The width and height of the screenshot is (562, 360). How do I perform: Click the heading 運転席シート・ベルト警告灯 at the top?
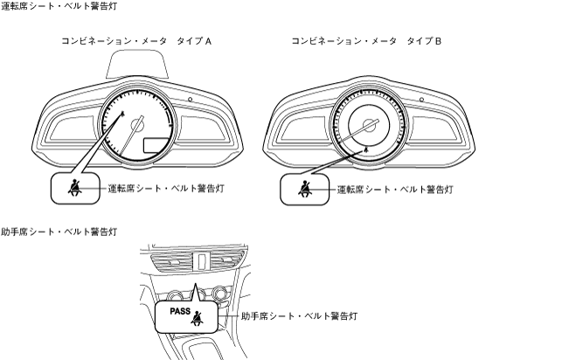point(59,6)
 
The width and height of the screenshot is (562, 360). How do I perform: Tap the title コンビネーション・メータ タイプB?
point(366,41)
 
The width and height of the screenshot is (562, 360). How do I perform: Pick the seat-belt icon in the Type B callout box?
point(302,187)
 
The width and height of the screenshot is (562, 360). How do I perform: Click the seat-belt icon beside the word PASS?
point(208,317)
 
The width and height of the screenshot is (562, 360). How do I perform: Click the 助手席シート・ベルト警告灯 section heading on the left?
point(59,232)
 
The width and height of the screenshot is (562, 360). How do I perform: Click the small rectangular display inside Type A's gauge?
point(156,145)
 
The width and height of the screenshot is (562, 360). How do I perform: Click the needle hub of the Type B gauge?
point(367,125)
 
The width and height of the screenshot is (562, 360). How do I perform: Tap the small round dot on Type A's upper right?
point(189,100)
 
